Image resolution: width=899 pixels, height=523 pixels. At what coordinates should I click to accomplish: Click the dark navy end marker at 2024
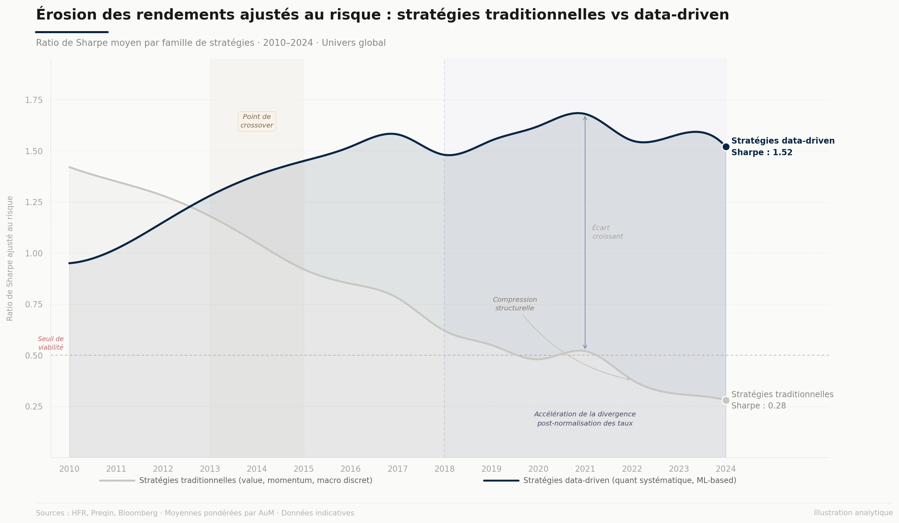click(726, 147)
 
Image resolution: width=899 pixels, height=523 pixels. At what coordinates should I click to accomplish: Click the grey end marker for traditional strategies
click(726, 400)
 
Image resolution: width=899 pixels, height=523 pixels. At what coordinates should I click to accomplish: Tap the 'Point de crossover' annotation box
click(257, 121)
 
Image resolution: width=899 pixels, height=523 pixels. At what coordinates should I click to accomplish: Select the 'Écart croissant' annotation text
click(607, 232)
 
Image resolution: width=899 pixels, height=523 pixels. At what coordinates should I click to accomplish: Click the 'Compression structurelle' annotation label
click(514, 304)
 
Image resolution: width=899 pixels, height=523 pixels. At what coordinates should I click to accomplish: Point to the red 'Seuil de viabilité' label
click(51, 343)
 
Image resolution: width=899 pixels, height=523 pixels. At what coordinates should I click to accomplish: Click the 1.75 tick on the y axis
click(34, 100)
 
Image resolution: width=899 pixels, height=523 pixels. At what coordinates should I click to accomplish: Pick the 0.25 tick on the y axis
click(34, 407)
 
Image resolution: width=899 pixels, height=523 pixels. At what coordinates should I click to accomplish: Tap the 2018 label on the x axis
click(444, 469)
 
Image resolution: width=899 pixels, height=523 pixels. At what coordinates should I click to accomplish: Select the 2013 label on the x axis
click(210, 469)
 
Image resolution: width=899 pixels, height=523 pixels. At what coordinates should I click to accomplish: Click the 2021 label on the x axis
click(585, 469)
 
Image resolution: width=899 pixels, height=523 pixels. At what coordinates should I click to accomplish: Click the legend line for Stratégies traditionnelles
click(117, 481)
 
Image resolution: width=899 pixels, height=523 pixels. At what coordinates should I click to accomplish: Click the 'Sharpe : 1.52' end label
click(761, 152)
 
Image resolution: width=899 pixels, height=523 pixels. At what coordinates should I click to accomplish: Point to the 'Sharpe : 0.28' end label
click(758, 406)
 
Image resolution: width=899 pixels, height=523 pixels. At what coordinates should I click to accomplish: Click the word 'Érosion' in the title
click(66, 15)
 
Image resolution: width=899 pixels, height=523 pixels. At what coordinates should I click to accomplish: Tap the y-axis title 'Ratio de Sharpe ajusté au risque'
click(10, 258)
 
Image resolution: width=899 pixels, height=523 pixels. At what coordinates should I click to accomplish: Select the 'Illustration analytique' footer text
click(853, 513)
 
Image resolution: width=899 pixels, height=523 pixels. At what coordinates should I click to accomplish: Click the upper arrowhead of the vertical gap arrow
click(585, 118)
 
